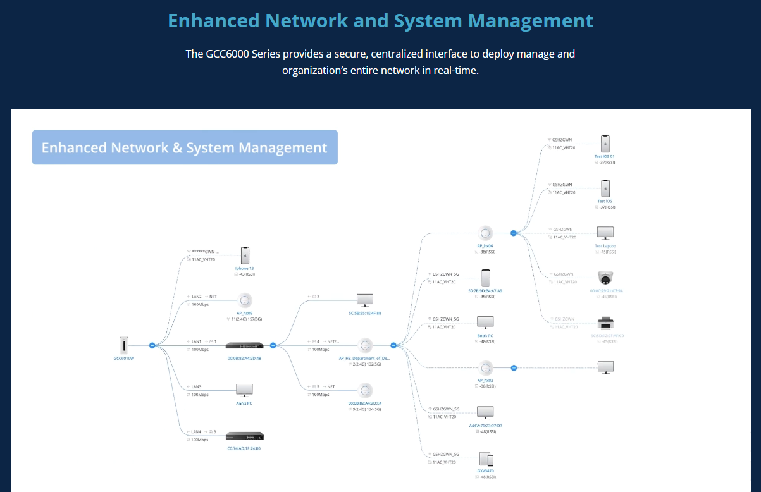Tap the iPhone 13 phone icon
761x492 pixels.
click(245, 255)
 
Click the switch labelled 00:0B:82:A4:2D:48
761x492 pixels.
click(244, 345)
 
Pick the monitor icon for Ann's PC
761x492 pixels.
click(244, 390)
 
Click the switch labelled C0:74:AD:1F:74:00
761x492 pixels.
click(244, 436)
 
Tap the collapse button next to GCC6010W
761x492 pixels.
click(152, 345)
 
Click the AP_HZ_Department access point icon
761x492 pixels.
click(365, 345)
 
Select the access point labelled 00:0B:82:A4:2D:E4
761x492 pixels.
click(365, 390)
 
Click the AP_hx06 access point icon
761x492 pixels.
click(486, 233)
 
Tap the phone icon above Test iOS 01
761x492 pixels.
click(605, 143)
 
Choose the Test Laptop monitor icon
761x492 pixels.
click(605, 233)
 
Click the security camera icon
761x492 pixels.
click(605, 278)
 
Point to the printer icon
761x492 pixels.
click(605, 323)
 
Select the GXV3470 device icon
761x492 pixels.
click(486, 459)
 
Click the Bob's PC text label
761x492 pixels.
click(486, 335)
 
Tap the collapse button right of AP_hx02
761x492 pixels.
click(514, 367)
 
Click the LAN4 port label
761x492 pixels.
click(196, 432)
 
